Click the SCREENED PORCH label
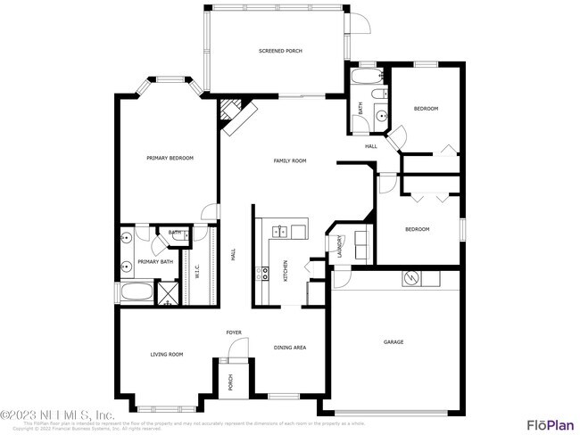pos(280,52)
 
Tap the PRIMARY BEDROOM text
pos(170,158)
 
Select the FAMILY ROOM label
pos(289,160)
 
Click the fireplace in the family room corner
pos(236,115)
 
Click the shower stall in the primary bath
pos(167,292)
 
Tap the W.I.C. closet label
pos(197,271)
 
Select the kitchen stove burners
pos(263,274)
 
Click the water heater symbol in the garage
pos(411,278)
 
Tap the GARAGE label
pos(394,341)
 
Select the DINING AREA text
pos(289,348)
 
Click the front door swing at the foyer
pos(233,353)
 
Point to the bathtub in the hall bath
pos(366,78)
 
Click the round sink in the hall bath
pos(381,114)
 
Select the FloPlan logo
pos(549,423)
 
